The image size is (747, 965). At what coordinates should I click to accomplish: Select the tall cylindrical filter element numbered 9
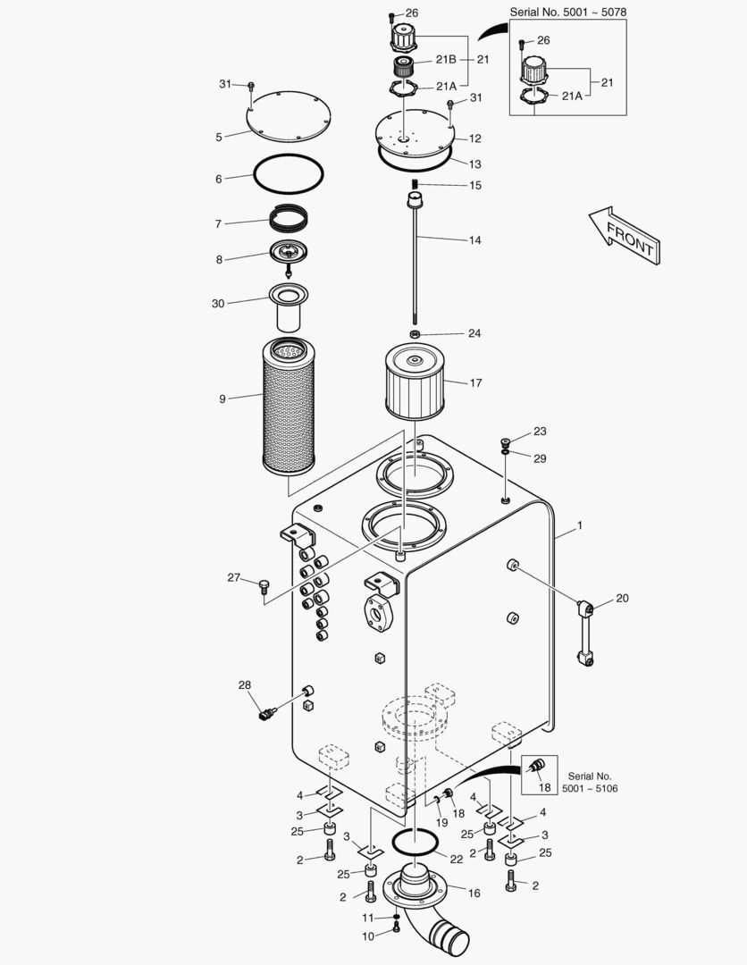coord(289,407)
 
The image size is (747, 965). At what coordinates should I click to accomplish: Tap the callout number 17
coord(475,383)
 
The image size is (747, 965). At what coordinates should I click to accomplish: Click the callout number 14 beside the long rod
coord(474,240)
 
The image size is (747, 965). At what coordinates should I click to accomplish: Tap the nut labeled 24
coord(415,334)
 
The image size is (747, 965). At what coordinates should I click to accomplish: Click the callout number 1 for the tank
coord(579,526)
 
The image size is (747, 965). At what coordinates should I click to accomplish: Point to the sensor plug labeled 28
coord(264,714)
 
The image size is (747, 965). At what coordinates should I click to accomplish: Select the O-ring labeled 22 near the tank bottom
coord(415,842)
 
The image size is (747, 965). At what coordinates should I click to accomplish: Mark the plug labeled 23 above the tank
coord(506,441)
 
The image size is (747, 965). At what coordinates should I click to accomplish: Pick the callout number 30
coord(218,304)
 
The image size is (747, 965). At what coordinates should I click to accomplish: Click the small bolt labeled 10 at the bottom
coord(397,932)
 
